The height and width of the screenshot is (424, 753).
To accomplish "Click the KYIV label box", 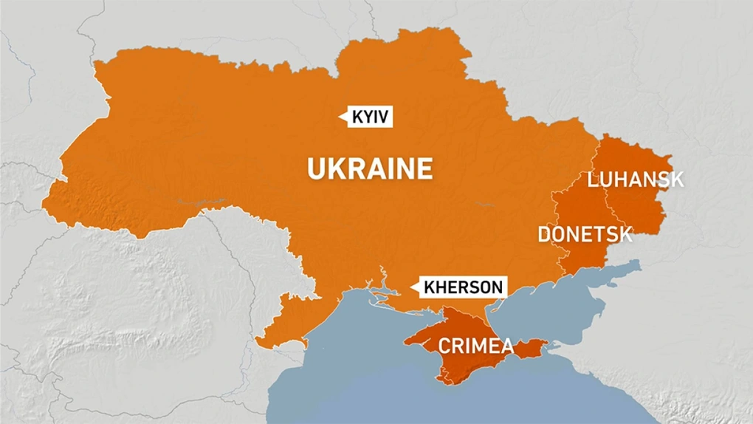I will pyautogui.click(x=368, y=117).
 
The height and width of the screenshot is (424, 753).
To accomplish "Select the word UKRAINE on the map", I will pyautogui.click(x=370, y=168).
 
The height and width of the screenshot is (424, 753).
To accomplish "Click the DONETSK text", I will pyautogui.click(x=585, y=235).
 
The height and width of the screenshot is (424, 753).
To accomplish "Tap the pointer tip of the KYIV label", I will pyautogui.click(x=340, y=116).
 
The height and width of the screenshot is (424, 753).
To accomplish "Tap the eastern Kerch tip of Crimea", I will pyautogui.click(x=546, y=343).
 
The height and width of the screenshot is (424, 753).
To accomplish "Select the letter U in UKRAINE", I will pyautogui.click(x=315, y=169).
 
